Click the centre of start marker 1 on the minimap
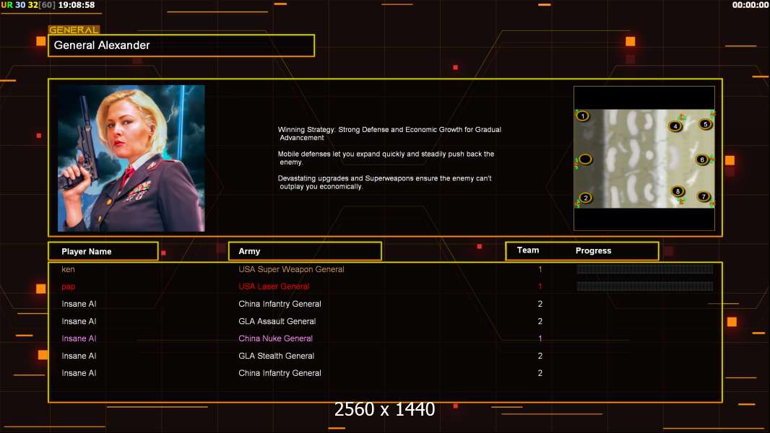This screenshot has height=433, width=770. pos(582,116)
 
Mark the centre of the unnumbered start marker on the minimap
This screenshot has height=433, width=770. pos(585,159)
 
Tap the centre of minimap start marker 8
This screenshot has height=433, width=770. pos(678,191)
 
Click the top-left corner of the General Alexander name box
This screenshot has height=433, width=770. pos(48,35)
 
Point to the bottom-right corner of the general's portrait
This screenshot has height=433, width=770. pos(204,232)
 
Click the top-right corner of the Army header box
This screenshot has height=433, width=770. pos(381,242)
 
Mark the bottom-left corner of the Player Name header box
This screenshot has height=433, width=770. pos(48,261)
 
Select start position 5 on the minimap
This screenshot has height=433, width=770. pos(705,124)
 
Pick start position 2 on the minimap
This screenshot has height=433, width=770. pos(585,198)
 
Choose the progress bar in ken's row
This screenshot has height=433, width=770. pos(645,268)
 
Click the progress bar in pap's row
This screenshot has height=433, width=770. pos(645,286)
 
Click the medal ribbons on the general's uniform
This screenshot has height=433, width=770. pos(139,191)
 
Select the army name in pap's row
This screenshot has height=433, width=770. pos(274,287)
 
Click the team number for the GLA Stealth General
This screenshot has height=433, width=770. pos(540,356)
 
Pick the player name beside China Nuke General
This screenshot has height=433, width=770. pos(79,338)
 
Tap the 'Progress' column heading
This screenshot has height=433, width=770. pos(593,250)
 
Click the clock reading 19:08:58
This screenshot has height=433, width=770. pos(77,5)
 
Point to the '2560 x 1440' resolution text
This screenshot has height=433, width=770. pos(384,409)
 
